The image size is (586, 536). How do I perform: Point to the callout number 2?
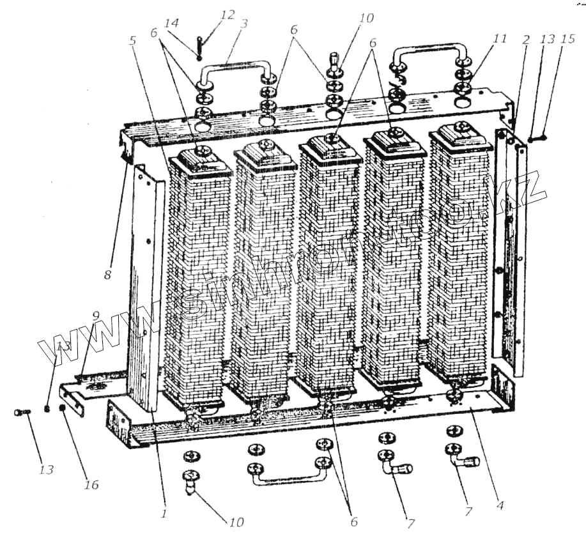click(x=525, y=40)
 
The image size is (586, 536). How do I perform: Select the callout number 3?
click(x=244, y=24)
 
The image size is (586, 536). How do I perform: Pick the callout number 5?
click(x=132, y=40)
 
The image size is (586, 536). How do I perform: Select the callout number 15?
click(x=564, y=40)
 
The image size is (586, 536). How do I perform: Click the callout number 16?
click(x=91, y=485)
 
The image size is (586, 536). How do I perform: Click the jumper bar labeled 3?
click(x=234, y=65)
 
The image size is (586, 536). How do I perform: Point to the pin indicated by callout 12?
click(x=199, y=49)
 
